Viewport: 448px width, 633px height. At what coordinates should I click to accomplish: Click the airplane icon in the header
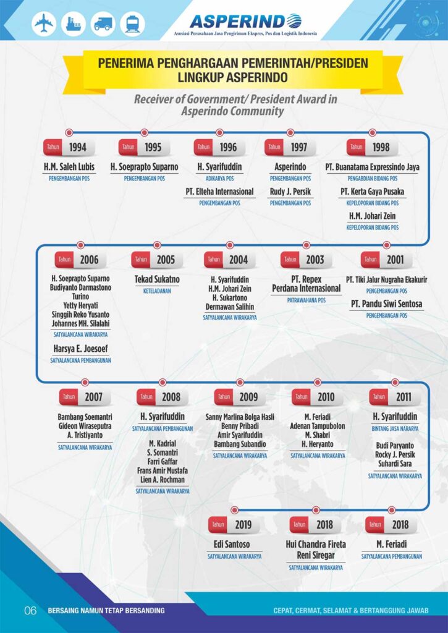click(x=44, y=24)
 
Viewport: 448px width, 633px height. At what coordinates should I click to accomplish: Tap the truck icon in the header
click(x=103, y=24)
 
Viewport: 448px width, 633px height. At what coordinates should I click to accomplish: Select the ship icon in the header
click(x=74, y=24)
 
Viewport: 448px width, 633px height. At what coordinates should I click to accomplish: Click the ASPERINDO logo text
click(x=246, y=21)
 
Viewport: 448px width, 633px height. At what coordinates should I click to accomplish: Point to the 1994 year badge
click(x=69, y=148)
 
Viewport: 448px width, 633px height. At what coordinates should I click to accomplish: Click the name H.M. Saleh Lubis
click(x=69, y=167)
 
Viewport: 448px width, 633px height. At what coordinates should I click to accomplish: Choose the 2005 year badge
click(x=157, y=260)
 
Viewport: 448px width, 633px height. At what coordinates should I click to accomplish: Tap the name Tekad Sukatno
click(x=157, y=279)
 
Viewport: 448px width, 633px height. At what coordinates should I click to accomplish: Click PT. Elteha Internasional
click(x=219, y=192)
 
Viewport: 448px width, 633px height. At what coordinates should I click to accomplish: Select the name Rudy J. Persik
click(x=290, y=192)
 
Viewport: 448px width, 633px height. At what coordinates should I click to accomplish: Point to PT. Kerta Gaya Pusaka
click(x=372, y=192)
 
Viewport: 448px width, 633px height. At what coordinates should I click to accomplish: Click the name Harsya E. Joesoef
click(x=82, y=349)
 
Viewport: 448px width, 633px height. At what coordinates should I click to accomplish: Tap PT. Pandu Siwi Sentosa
click(x=386, y=304)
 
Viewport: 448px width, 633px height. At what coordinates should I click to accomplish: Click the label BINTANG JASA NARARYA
click(x=395, y=428)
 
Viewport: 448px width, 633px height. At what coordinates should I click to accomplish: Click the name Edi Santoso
click(x=232, y=545)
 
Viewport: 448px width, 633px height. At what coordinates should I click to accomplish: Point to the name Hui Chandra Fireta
click(x=316, y=545)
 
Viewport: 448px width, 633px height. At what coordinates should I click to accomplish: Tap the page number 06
click(x=31, y=611)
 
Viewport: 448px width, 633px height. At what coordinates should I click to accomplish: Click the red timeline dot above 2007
click(x=85, y=382)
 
